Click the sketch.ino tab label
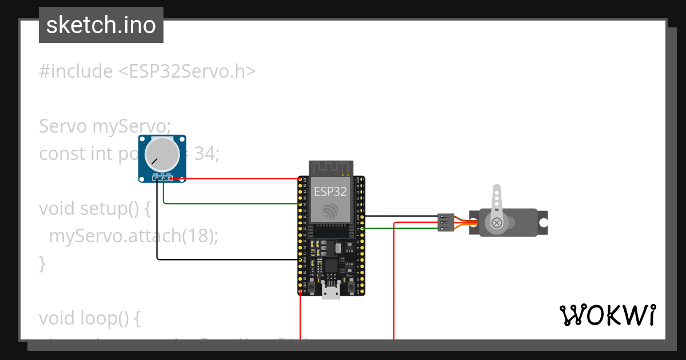point(101,25)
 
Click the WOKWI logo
point(607,315)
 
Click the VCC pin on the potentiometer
point(169,178)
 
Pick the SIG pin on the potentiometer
point(163,178)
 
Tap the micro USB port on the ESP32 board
point(330,291)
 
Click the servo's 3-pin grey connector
point(446,222)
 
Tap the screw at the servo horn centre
point(497,222)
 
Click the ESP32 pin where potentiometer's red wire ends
point(300,179)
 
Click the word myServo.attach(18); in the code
point(133,235)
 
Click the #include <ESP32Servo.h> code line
point(147,71)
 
